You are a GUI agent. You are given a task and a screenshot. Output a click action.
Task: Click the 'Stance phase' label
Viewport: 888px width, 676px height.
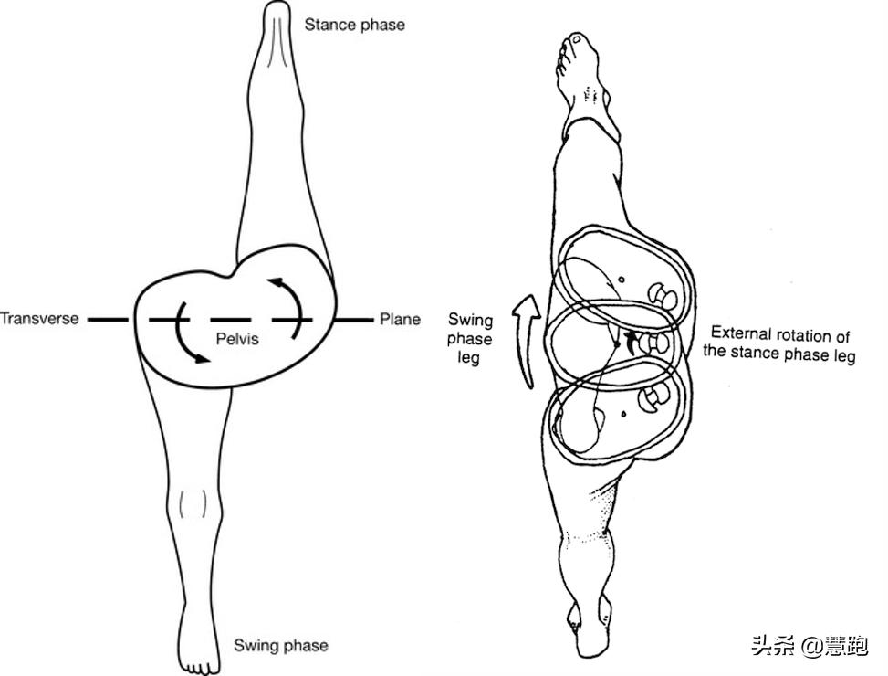[354, 25]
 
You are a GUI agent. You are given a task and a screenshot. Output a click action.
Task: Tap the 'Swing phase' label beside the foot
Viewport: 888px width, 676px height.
[281, 646]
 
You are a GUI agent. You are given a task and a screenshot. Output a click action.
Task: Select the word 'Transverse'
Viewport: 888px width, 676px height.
[39, 319]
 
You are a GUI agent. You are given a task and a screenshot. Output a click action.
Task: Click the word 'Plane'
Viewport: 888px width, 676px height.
[400, 319]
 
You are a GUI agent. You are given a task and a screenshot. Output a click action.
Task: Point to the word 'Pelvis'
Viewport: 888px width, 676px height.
[237, 339]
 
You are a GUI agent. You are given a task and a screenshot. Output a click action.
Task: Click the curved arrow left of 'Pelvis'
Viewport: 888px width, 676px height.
[188, 333]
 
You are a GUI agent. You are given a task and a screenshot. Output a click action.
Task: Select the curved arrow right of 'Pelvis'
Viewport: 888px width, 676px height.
[287, 307]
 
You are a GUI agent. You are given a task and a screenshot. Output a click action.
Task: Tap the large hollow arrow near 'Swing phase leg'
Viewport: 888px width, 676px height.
[527, 341]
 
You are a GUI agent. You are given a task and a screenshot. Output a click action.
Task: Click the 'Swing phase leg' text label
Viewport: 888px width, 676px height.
[469, 339]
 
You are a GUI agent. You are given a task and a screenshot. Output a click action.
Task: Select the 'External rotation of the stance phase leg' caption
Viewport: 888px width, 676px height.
[779, 344]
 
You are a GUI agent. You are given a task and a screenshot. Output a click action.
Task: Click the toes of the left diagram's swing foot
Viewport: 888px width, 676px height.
[199, 666]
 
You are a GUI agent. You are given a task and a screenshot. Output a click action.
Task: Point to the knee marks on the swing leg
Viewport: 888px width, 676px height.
[193, 503]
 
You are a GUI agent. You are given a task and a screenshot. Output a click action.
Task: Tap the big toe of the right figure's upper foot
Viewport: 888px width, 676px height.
[578, 39]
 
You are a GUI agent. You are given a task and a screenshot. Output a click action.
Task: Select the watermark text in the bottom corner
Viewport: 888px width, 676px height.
[810, 646]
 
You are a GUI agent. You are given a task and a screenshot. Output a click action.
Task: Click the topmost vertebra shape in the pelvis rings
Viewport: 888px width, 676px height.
[663, 296]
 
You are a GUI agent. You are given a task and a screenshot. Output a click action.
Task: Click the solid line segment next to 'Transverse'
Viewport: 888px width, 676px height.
[109, 320]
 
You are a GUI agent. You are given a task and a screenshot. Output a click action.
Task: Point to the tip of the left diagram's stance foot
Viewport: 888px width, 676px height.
[277, 4]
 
